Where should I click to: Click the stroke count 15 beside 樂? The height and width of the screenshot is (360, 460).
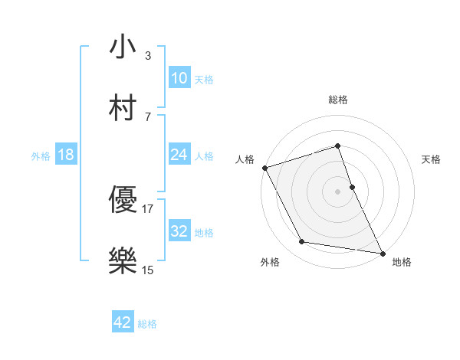point(148,270)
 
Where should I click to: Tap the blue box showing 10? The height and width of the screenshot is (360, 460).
point(179,78)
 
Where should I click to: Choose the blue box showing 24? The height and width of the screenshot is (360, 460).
point(179,155)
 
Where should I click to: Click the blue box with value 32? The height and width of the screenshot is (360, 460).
point(179,231)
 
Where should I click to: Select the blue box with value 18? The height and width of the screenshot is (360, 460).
point(66,155)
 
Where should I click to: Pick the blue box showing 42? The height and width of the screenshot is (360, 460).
point(123,322)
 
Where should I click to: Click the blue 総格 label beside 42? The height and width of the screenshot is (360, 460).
point(147,324)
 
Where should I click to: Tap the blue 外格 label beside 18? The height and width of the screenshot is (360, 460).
point(41,156)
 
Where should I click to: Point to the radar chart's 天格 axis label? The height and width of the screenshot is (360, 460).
point(432,159)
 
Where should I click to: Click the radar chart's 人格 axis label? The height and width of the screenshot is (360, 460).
point(245,159)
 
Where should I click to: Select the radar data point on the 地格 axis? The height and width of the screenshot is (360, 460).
point(382,252)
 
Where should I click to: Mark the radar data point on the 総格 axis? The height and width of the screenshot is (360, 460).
point(337,146)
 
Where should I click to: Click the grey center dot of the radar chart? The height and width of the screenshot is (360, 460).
point(337,191)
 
